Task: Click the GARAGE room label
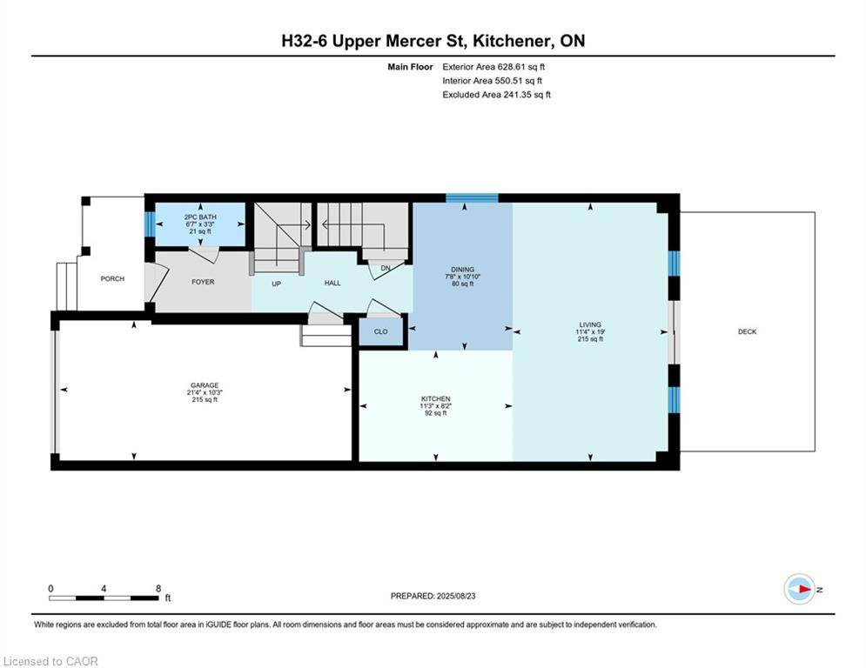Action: (x=205, y=385)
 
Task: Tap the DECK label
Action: (x=748, y=331)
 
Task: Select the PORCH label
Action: (x=112, y=279)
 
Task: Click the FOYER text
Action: (x=203, y=282)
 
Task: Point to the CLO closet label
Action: (x=380, y=331)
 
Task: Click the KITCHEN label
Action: (x=436, y=398)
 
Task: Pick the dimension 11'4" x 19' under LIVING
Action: (x=590, y=331)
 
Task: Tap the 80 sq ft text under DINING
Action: (x=463, y=284)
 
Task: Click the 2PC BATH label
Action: (x=200, y=217)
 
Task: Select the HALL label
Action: (x=332, y=283)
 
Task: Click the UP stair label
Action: (x=276, y=284)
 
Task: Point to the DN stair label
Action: (x=386, y=268)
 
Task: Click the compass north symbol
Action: (x=800, y=589)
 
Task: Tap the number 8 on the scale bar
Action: (x=158, y=589)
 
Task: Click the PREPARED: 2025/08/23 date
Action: (x=433, y=596)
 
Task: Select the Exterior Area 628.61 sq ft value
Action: (x=493, y=67)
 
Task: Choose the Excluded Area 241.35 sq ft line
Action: (x=496, y=95)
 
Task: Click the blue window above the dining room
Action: (x=472, y=198)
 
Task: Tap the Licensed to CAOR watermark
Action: (x=50, y=661)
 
